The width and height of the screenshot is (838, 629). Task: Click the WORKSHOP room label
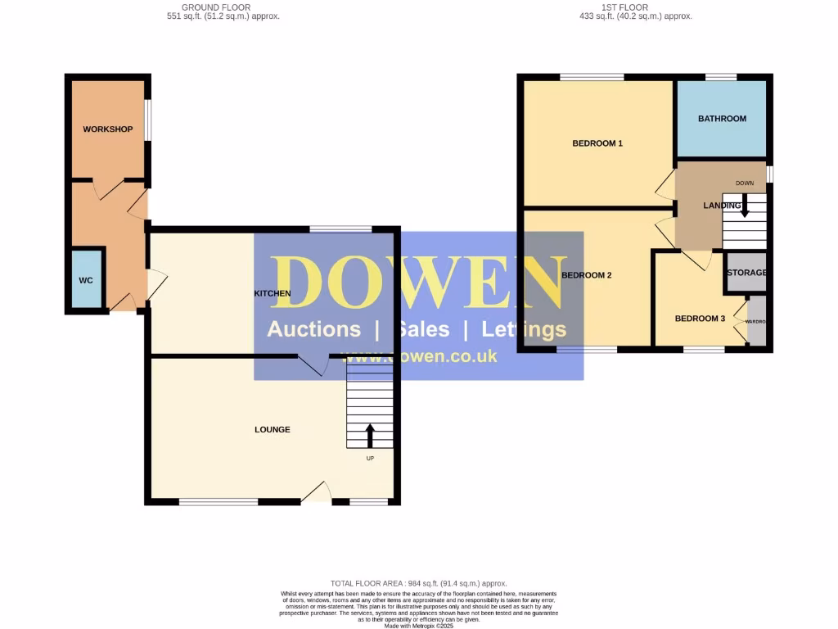(x=107, y=129)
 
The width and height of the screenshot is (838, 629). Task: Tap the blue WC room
(x=86, y=279)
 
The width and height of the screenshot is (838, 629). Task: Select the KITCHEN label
(x=272, y=292)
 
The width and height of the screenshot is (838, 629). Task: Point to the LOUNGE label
(x=272, y=430)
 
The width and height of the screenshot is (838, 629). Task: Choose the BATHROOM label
(x=722, y=119)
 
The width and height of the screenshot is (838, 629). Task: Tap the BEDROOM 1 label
(x=597, y=143)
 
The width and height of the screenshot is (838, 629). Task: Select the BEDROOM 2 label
(x=587, y=275)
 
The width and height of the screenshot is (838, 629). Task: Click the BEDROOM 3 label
(x=700, y=319)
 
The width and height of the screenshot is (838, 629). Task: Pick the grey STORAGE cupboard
(x=746, y=273)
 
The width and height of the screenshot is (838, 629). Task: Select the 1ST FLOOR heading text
(x=624, y=7)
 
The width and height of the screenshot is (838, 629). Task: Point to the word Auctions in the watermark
(x=313, y=329)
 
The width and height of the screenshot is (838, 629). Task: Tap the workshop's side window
(x=148, y=120)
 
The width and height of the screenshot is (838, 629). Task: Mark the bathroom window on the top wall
(x=721, y=77)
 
